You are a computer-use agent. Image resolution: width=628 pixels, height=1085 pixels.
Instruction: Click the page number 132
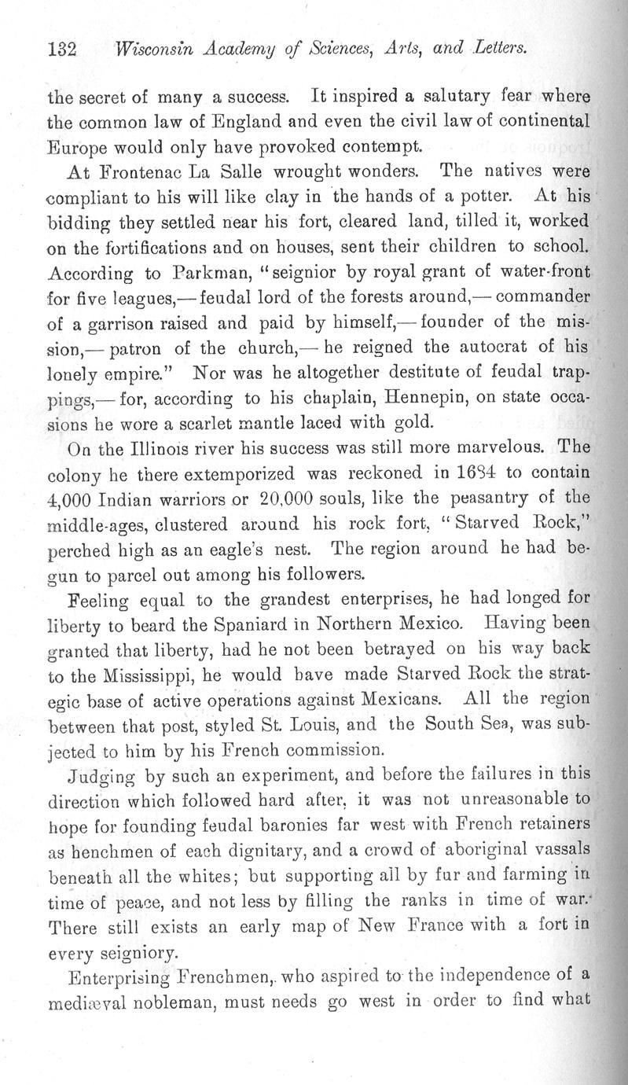[61, 50]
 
